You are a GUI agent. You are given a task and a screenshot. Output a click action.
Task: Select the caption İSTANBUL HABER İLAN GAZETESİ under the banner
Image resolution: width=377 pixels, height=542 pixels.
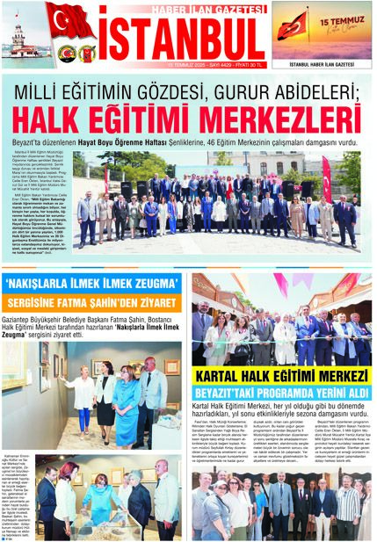tap(320, 64)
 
